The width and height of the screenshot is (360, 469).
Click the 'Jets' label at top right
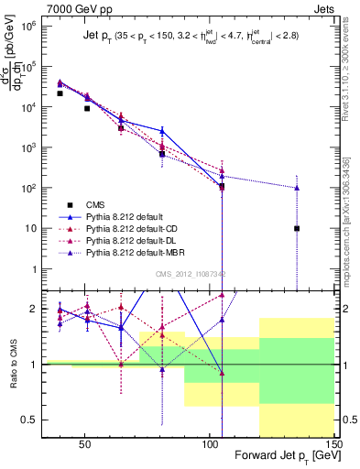325,8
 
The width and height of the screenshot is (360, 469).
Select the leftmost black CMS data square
60,93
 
